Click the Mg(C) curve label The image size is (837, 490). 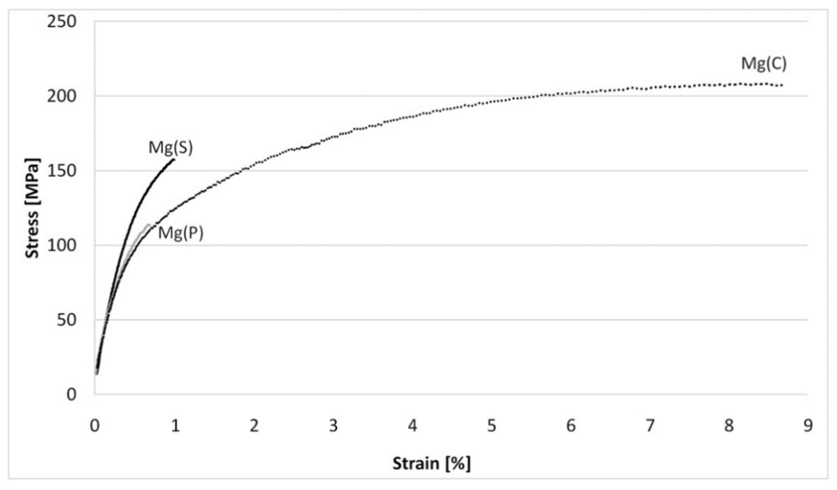764,64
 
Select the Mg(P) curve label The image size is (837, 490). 180,233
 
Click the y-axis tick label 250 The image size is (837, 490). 61,22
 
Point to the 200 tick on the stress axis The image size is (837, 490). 61,96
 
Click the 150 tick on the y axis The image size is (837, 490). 61,171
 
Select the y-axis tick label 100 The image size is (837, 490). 61,245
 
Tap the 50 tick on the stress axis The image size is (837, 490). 66,320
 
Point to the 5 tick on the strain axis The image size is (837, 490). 492,426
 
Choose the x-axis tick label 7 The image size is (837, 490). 650,426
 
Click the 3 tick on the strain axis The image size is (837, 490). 333,426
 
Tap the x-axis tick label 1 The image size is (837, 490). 175,426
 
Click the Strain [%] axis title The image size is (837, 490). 431,464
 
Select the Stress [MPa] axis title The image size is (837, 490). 32,208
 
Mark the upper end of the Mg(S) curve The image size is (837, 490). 173,159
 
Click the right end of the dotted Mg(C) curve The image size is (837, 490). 782,85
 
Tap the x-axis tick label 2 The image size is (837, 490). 254,426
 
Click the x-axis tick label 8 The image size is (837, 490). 729,426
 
